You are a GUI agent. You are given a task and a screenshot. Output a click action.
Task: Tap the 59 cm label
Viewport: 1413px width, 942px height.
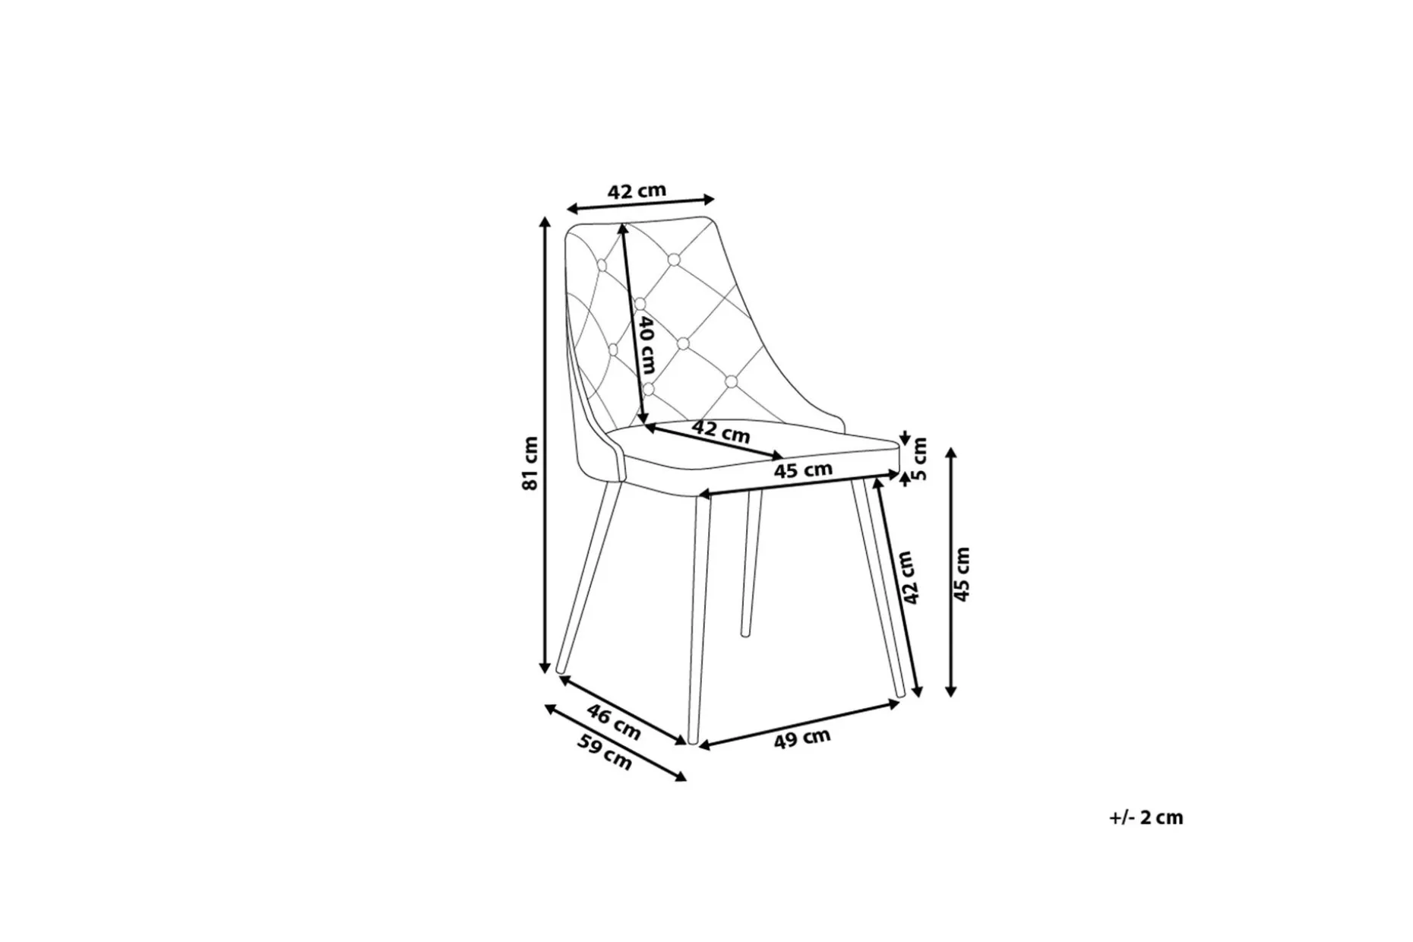click(605, 752)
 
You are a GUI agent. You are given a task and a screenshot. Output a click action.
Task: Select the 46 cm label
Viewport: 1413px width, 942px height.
click(615, 722)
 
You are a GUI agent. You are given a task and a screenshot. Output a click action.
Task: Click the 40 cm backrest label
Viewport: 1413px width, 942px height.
click(646, 346)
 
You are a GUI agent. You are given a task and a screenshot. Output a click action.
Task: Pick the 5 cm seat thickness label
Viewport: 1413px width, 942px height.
click(919, 459)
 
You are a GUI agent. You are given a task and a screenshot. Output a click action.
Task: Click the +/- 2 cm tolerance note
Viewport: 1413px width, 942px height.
click(1146, 817)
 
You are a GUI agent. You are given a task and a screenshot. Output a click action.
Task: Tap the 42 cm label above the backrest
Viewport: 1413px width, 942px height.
click(637, 190)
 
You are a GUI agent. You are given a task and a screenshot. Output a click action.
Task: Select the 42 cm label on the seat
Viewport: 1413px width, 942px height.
click(721, 431)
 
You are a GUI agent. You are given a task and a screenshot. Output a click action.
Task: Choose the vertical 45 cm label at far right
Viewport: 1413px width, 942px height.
click(962, 574)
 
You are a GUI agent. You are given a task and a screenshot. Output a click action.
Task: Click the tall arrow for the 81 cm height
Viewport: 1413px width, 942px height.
click(544, 444)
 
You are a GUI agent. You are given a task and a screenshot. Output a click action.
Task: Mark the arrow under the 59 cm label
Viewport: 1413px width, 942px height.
click(615, 742)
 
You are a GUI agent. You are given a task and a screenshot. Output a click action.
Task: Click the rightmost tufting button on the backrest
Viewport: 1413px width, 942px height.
click(731, 381)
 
